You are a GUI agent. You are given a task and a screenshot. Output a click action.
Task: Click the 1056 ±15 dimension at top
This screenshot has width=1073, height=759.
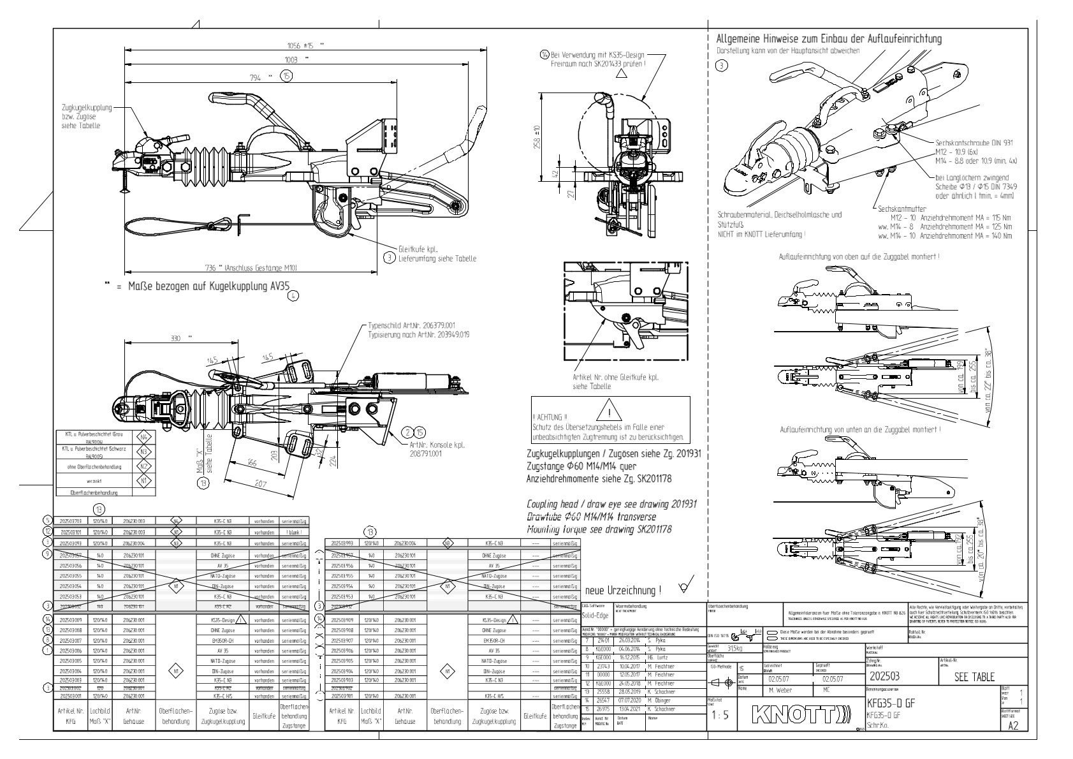[x=302, y=45]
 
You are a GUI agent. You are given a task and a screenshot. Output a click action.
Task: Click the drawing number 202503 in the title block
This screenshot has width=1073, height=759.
[x=886, y=677]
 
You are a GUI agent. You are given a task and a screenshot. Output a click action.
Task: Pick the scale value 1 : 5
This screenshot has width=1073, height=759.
[x=719, y=715]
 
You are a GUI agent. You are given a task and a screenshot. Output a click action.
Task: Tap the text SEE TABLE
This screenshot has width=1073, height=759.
[x=974, y=677]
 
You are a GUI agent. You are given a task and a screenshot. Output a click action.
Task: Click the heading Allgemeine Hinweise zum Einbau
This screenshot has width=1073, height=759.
[x=829, y=39]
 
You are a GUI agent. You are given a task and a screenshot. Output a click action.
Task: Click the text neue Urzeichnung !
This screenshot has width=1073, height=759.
[x=622, y=590]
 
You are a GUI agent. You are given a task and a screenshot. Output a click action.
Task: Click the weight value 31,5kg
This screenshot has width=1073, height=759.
[x=736, y=648]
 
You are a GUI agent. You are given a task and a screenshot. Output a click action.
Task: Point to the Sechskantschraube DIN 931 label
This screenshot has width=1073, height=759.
[x=974, y=143]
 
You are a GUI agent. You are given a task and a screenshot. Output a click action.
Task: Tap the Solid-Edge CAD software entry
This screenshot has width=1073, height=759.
[x=595, y=615]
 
